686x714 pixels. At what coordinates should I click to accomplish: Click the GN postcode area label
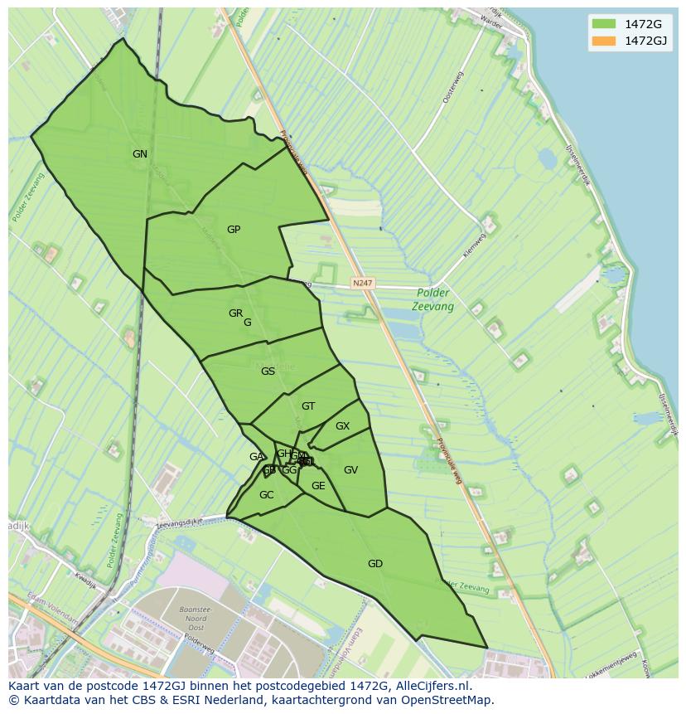coord(140,154)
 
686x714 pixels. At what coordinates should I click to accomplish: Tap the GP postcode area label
coord(234,230)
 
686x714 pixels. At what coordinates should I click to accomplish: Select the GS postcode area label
coord(268,372)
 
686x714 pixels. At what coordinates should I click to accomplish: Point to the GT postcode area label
coord(308,406)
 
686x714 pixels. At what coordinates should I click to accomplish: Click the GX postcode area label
coord(342,426)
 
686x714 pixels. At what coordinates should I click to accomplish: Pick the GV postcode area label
coord(350,470)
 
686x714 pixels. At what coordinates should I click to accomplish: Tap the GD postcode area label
coord(375,564)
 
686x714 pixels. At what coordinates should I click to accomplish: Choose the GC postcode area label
coord(266,495)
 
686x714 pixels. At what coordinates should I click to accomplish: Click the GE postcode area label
coord(318,486)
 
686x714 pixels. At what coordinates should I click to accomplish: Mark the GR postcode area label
coord(236,313)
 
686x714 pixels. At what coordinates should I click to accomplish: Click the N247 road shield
coord(362,284)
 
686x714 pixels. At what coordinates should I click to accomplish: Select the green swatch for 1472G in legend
coord(604,23)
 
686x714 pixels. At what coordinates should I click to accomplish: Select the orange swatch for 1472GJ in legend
coord(604,41)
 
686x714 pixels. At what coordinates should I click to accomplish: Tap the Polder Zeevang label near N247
coord(432,299)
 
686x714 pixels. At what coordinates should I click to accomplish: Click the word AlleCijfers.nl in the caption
coord(431,686)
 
